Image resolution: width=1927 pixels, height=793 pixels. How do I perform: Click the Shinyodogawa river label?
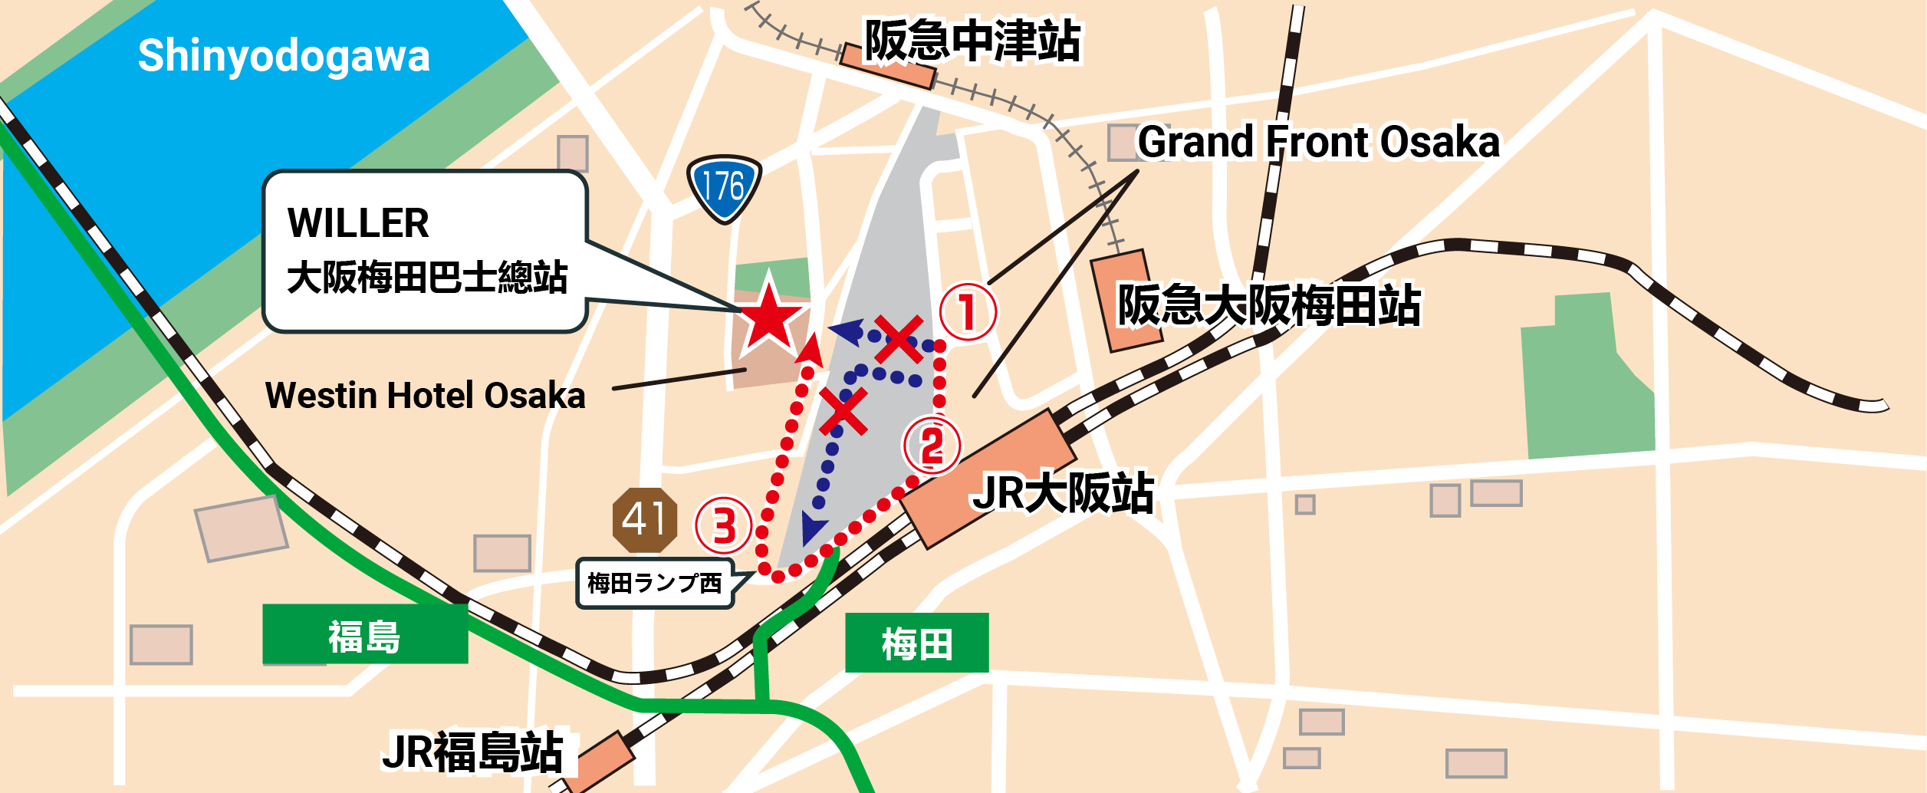pos(284,56)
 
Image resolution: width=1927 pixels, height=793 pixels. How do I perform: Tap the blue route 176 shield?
pos(724,187)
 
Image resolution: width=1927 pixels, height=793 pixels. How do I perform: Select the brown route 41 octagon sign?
pos(644,520)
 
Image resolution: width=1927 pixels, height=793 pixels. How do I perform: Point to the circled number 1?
pos(968,311)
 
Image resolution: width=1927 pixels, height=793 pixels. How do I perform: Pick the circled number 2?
pos(932,446)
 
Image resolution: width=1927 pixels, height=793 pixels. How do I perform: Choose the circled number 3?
pos(723,526)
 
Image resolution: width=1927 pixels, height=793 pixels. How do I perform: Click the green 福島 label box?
pos(365,635)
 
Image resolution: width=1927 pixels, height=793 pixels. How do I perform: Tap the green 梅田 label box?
pos(916,643)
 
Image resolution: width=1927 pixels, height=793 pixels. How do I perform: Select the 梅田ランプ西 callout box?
pos(655,584)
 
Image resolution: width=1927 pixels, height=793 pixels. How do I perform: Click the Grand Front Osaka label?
pos(1317,142)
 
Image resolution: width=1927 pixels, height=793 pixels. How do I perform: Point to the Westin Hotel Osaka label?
pos(425,396)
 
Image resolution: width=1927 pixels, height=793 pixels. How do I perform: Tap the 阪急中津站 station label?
pos(972,41)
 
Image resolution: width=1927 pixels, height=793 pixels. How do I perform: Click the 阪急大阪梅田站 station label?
pos(1268,305)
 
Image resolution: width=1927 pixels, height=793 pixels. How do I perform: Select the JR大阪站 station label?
pos(1063,492)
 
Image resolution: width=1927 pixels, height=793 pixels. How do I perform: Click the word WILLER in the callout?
pos(358,223)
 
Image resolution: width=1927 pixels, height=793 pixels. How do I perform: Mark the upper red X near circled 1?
pos(898,339)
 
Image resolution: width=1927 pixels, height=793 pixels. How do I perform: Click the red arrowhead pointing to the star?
pos(810,350)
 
